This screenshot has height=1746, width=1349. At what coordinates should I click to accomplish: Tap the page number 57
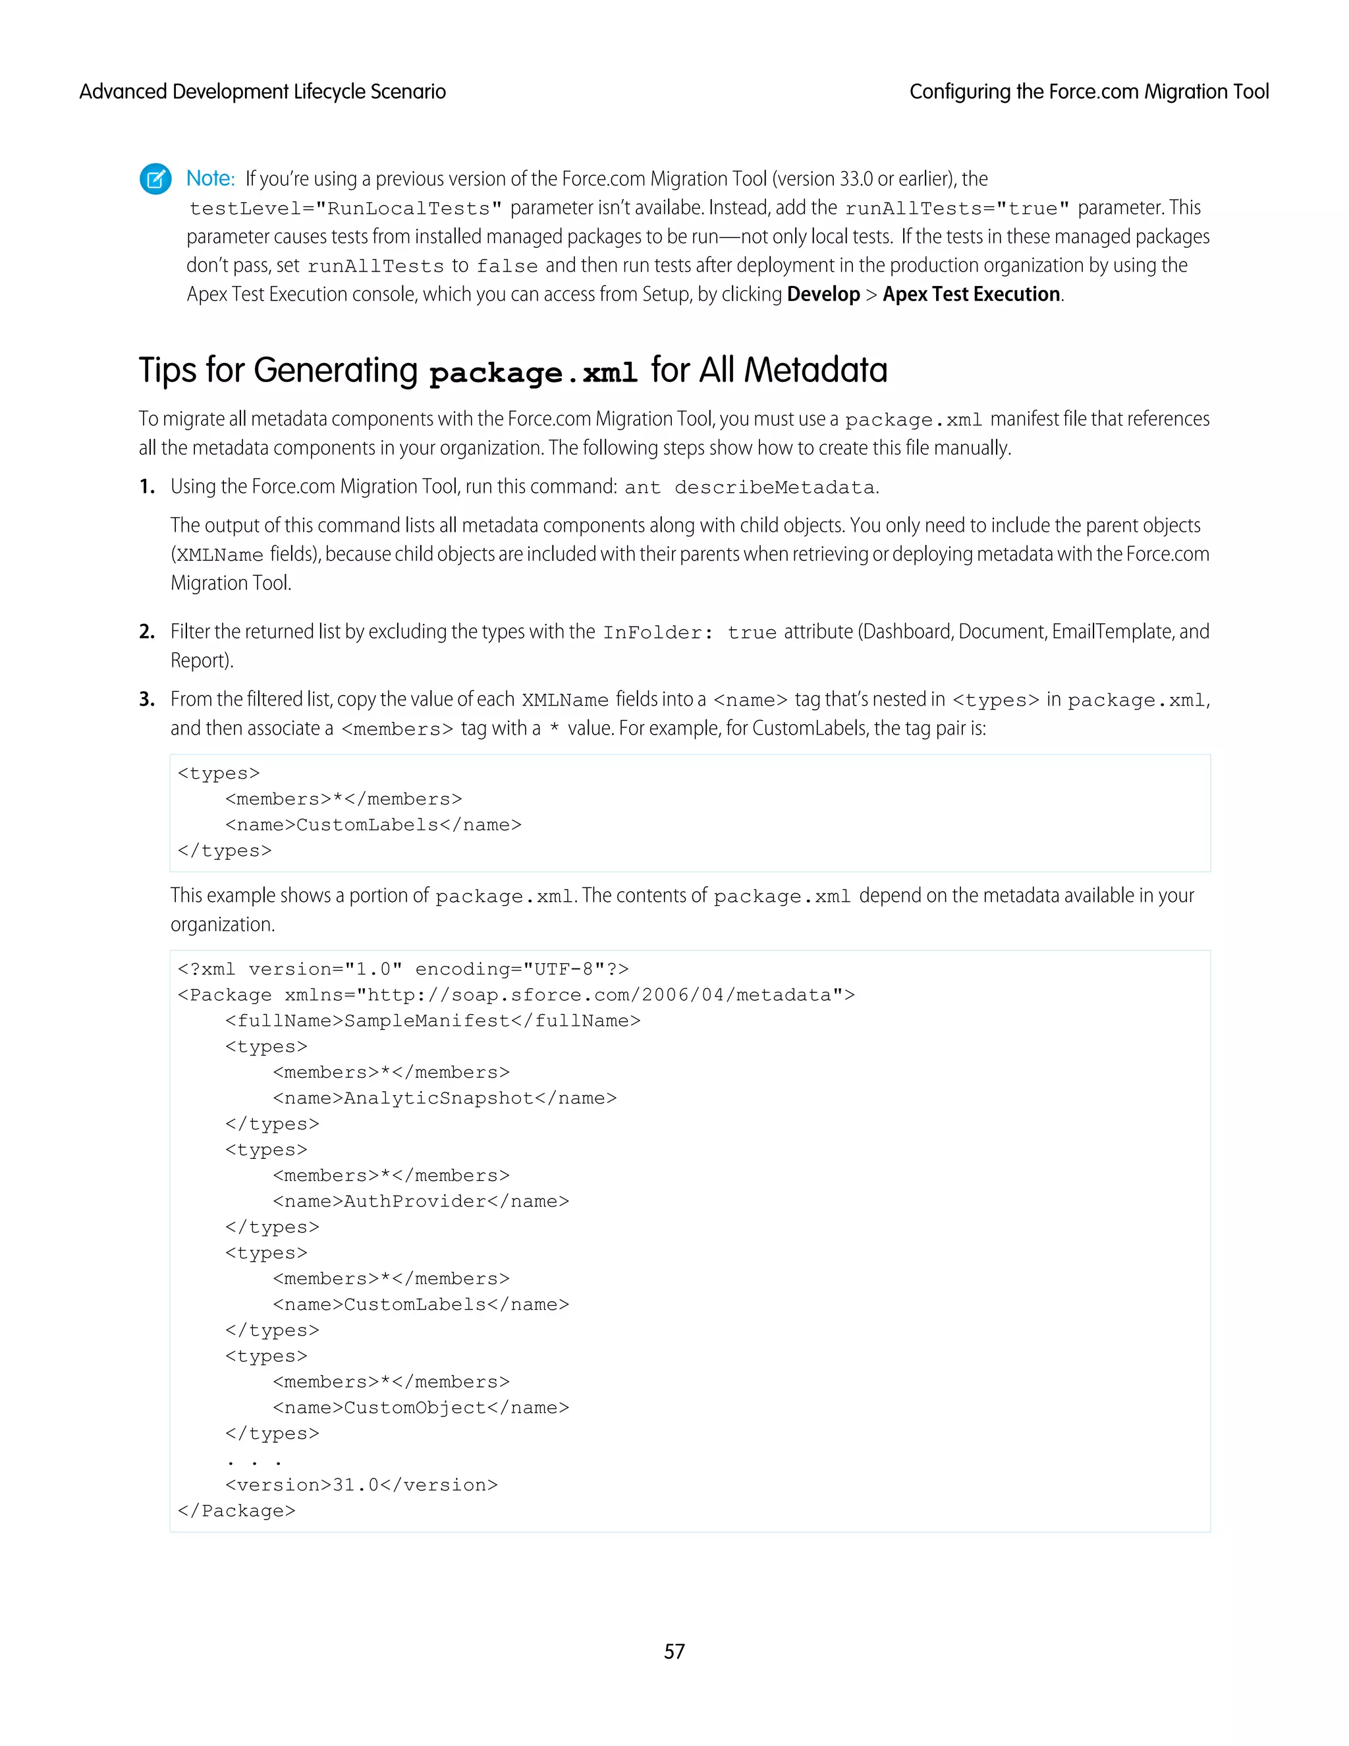(674, 1651)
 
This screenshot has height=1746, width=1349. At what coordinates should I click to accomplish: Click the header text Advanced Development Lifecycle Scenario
(262, 92)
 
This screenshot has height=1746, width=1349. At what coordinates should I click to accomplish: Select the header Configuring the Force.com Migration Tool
(1088, 92)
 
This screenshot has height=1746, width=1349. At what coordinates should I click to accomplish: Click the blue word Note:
(210, 179)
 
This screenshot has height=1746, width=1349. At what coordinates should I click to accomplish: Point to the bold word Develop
(822, 295)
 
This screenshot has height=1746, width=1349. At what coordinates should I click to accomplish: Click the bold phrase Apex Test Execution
(971, 295)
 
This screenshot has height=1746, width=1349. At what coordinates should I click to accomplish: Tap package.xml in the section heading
(533, 372)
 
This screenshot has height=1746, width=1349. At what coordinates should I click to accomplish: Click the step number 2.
(146, 632)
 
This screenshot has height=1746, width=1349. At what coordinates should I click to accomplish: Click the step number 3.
(146, 700)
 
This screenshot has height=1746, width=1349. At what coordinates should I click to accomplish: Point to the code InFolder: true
(689, 633)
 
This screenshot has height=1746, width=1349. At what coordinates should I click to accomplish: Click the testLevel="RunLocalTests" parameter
(345, 209)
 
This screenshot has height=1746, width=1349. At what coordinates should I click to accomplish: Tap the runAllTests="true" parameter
(956, 209)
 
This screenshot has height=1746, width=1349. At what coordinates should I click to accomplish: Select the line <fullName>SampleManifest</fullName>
(432, 1021)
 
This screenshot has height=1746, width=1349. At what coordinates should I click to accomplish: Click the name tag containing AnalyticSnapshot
(445, 1098)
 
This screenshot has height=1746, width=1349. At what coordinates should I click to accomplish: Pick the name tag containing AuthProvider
(420, 1202)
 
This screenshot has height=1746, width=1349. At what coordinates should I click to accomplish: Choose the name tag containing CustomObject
(420, 1408)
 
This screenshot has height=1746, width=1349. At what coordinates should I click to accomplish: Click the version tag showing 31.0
(361, 1485)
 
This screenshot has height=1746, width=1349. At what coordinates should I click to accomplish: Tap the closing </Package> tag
(236, 1511)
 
